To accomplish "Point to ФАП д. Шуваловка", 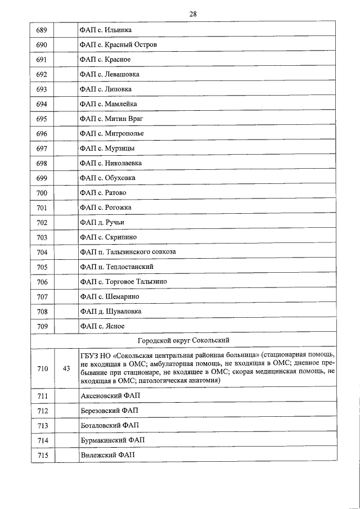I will pos(111,311).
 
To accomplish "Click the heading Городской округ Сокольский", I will pos(183,341).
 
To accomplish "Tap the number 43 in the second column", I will pos(66,369).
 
